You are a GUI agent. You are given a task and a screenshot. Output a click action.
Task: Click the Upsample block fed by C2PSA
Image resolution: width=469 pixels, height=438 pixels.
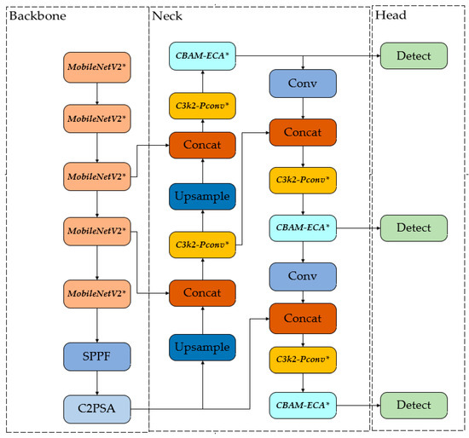click(202, 348)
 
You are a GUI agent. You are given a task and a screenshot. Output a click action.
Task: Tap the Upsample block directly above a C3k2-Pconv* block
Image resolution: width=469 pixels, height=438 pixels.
click(202, 197)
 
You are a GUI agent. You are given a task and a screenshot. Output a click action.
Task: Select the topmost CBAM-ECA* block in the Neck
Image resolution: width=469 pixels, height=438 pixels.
click(202, 56)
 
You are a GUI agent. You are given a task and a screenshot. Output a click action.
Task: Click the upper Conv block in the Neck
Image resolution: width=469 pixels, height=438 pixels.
click(302, 84)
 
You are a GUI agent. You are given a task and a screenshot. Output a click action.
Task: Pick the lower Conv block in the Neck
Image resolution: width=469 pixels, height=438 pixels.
click(302, 276)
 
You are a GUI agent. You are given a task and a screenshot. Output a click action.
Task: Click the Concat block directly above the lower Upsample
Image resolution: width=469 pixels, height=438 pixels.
click(202, 293)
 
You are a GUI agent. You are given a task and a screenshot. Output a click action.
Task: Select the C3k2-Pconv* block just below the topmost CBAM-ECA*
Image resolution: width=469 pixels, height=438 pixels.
click(202, 105)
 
